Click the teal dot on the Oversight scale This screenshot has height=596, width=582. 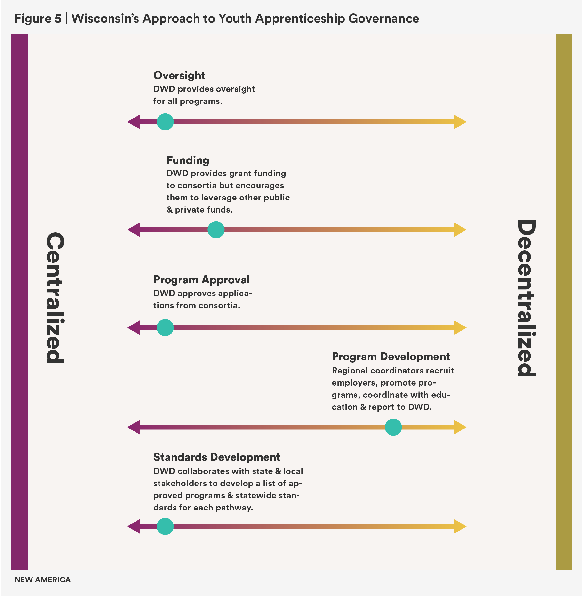(x=165, y=122)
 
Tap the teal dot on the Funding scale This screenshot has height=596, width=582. (x=216, y=230)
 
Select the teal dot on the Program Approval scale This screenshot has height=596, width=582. (x=165, y=328)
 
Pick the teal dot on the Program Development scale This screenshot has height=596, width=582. (x=393, y=427)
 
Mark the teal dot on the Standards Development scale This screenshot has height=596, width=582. (x=165, y=526)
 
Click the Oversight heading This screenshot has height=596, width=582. (x=179, y=75)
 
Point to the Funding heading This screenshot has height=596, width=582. (x=188, y=160)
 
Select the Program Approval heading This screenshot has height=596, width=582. (x=201, y=280)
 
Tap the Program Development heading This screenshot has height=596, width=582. (x=391, y=357)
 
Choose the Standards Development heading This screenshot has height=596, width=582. (x=216, y=457)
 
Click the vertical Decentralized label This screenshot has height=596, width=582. (x=526, y=298)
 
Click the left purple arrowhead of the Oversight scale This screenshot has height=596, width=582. (x=134, y=122)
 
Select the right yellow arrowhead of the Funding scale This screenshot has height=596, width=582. (x=460, y=230)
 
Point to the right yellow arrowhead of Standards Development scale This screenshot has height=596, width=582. (x=460, y=526)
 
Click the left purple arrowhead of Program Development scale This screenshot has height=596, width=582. (x=134, y=427)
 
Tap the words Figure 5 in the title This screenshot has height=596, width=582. (x=38, y=19)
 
